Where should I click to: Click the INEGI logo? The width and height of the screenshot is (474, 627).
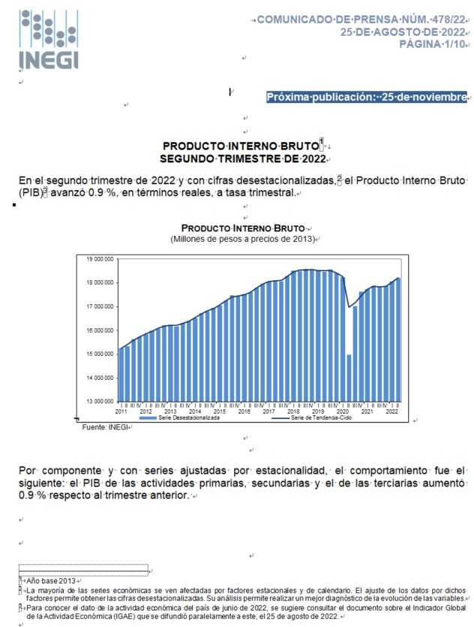point(49,40)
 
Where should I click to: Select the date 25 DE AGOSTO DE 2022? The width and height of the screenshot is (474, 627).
point(403,32)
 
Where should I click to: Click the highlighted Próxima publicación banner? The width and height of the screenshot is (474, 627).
point(367,97)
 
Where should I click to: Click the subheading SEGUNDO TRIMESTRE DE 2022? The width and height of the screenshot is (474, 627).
point(243,158)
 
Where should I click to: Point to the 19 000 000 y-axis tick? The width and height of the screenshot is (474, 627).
point(99,259)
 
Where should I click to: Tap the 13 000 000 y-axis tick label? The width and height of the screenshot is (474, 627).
point(99,401)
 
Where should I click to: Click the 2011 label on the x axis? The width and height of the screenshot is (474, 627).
point(121,412)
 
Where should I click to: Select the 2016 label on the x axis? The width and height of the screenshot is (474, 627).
point(244,412)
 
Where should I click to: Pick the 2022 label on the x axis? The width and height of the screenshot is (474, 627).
point(391,412)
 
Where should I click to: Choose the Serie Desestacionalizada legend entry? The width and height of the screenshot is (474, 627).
point(188,418)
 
